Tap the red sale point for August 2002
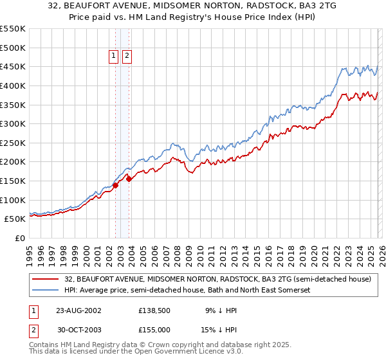[x=116, y=185]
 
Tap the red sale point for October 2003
[x=129, y=179]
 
